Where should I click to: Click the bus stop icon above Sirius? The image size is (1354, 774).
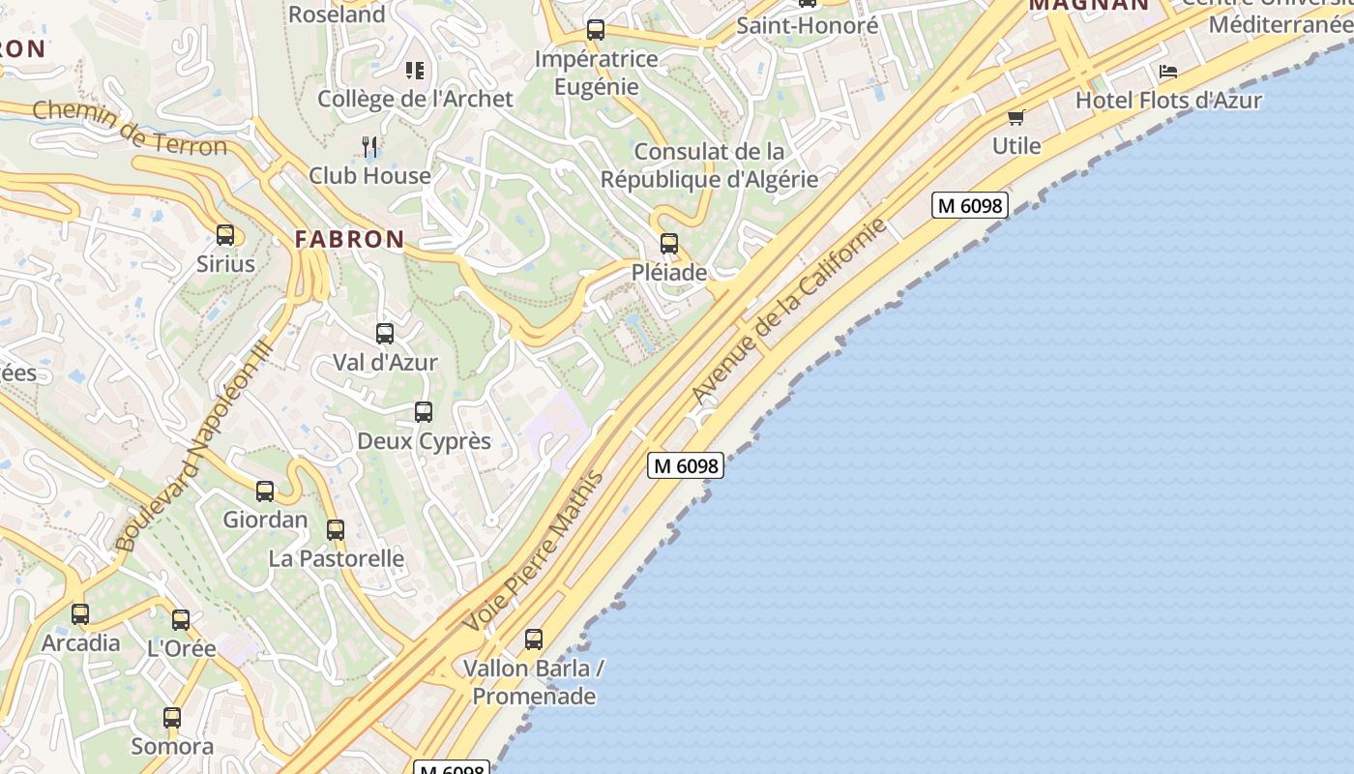click(x=225, y=235)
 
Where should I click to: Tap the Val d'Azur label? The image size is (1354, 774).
click(x=385, y=363)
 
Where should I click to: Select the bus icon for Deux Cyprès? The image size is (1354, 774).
click(x=424, y=412)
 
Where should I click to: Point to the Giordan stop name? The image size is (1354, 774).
click(x=265, y=520)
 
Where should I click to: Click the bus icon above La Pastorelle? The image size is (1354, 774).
click(x=336, y=530)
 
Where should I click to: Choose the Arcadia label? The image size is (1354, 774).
click(x=81, y=643)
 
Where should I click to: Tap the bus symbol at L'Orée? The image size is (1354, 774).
click(x=181, y=620)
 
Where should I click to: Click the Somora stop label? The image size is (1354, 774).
click(x=172, y=746)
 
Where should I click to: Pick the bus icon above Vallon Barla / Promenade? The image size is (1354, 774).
click(x=534, y=640)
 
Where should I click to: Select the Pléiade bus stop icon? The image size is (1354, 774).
click(x=669, y=244)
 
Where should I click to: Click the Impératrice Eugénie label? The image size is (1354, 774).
click(x=597, y=73)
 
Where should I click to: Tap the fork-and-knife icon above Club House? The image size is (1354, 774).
click(x=369, y=146)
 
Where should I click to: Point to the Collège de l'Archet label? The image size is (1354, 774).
click(x=415, y=99)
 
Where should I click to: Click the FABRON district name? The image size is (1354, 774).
click(x=349, y=239)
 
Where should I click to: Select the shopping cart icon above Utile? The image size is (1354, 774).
click(x=1015, y=118)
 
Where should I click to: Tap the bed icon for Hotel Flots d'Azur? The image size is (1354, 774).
click(x=1168, y=73)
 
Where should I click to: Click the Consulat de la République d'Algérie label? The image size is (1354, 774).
click(x=709, y=165)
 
